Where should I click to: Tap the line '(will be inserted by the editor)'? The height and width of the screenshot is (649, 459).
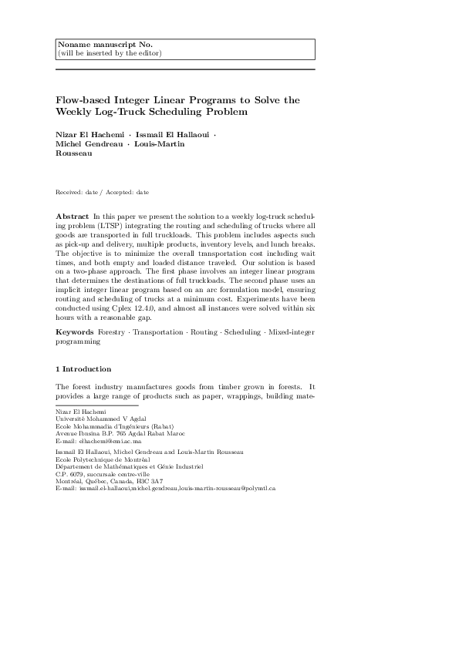pyautogui.click(x=110, y=53)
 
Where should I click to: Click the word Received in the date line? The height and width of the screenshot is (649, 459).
pyautogui.click(x=69, y=192)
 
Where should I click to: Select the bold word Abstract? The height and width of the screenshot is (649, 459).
pyautogui.click(x=72, y=217)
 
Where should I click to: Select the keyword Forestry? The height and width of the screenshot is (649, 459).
pyautogui.click(x=112, y=332)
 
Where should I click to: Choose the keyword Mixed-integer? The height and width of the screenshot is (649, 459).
pyautogui.click(x=288, y=332)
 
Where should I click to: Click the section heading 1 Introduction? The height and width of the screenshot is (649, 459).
pyautogui.click(x=83, y=369)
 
